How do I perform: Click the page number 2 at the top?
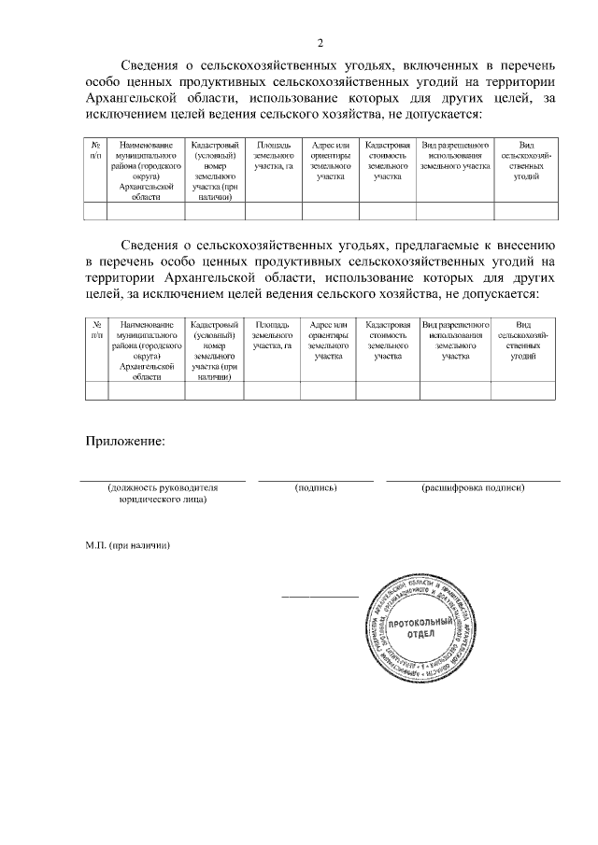(x=320, y=43)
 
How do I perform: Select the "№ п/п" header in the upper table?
(x=96, y=150)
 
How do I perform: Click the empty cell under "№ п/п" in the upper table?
(x=96, y=211)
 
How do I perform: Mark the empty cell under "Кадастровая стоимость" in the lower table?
(x=388, y=390)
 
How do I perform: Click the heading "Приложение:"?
(x=125, y=440)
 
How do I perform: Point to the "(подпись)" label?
(x=315, y=487)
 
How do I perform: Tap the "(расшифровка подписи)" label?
(x=473, y=487)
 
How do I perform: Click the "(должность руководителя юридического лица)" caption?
(x=163, y=493)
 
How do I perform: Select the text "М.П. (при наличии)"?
(x=128, y=543)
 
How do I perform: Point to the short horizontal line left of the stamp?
(x=320, y=596)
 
